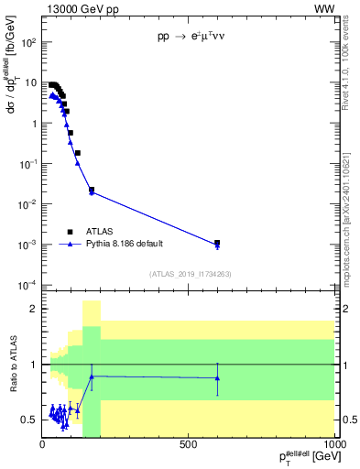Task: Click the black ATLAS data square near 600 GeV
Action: pos(217,243)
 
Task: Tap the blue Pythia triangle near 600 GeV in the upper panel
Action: pos(217,245)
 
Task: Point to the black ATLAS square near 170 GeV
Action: pos(92,190)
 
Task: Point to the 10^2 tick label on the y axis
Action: pos(28,42)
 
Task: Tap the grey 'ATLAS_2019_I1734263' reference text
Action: pos(189,274)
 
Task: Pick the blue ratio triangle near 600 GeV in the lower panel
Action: pos(217,377)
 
